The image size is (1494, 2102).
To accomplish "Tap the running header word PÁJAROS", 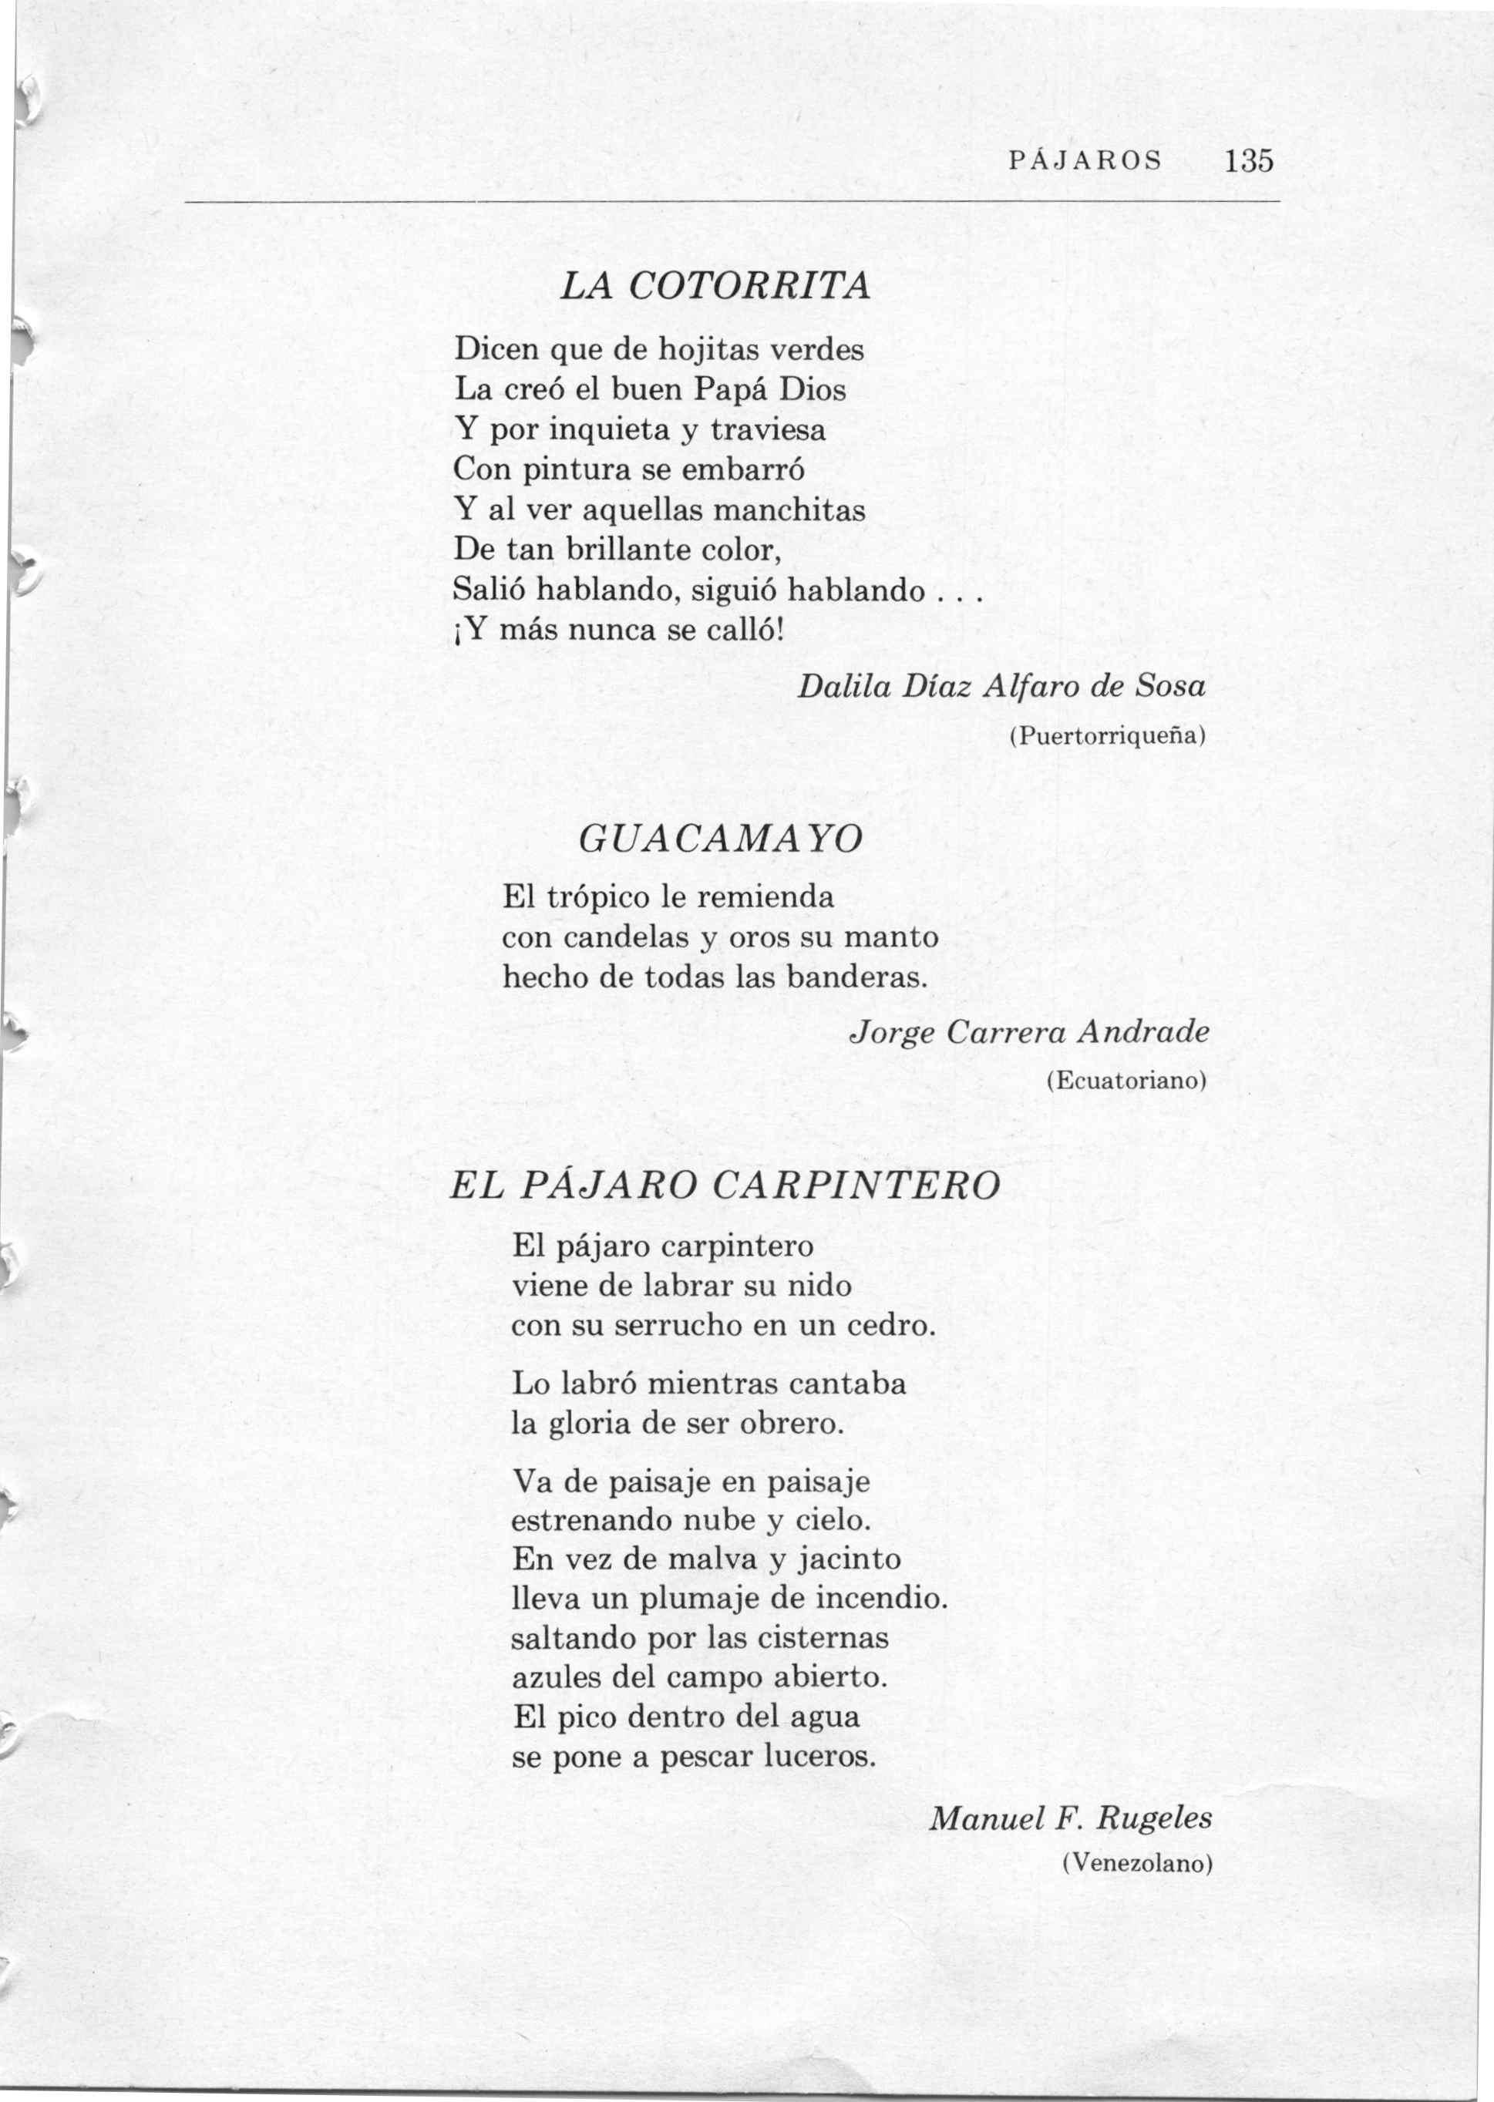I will coord(1085,162).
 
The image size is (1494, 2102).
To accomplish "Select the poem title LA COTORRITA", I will coord(715,288).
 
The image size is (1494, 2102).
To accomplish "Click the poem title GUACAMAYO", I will coord(722,838).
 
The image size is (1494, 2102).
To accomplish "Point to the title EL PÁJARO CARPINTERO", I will coord(724,1185).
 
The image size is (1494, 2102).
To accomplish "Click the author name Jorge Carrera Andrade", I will coord(1028,1032).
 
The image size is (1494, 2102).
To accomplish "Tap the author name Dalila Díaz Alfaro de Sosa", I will coord(1001,686).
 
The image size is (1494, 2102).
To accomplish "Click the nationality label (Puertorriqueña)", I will coord(1108,737).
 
